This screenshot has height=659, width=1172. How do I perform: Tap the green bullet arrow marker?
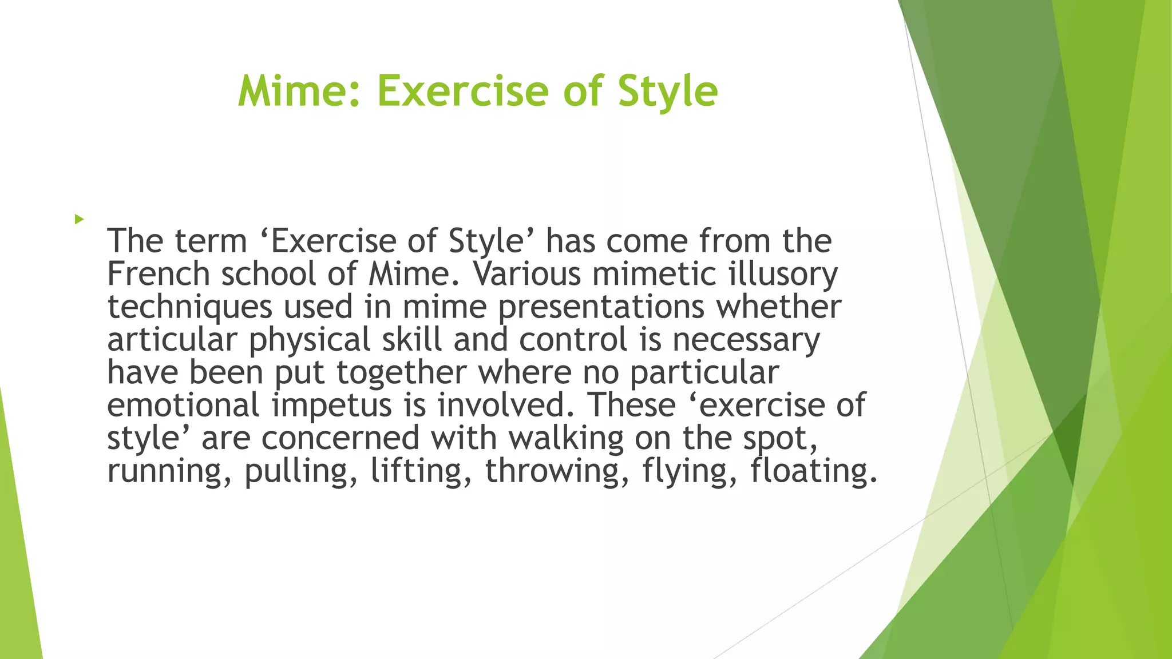click(79, 219)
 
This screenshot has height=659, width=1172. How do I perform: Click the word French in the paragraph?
click(159, 274)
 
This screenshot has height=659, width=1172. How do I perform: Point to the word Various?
click(526, 274)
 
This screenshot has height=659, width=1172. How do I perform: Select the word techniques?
click(189, 307)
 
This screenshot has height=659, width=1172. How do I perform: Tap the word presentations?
click(601, 307)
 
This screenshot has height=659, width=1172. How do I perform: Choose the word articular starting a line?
click(172, 340)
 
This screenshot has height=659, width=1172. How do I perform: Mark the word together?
click(401, 372)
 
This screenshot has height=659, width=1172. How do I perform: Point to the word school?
click(268, 274)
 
